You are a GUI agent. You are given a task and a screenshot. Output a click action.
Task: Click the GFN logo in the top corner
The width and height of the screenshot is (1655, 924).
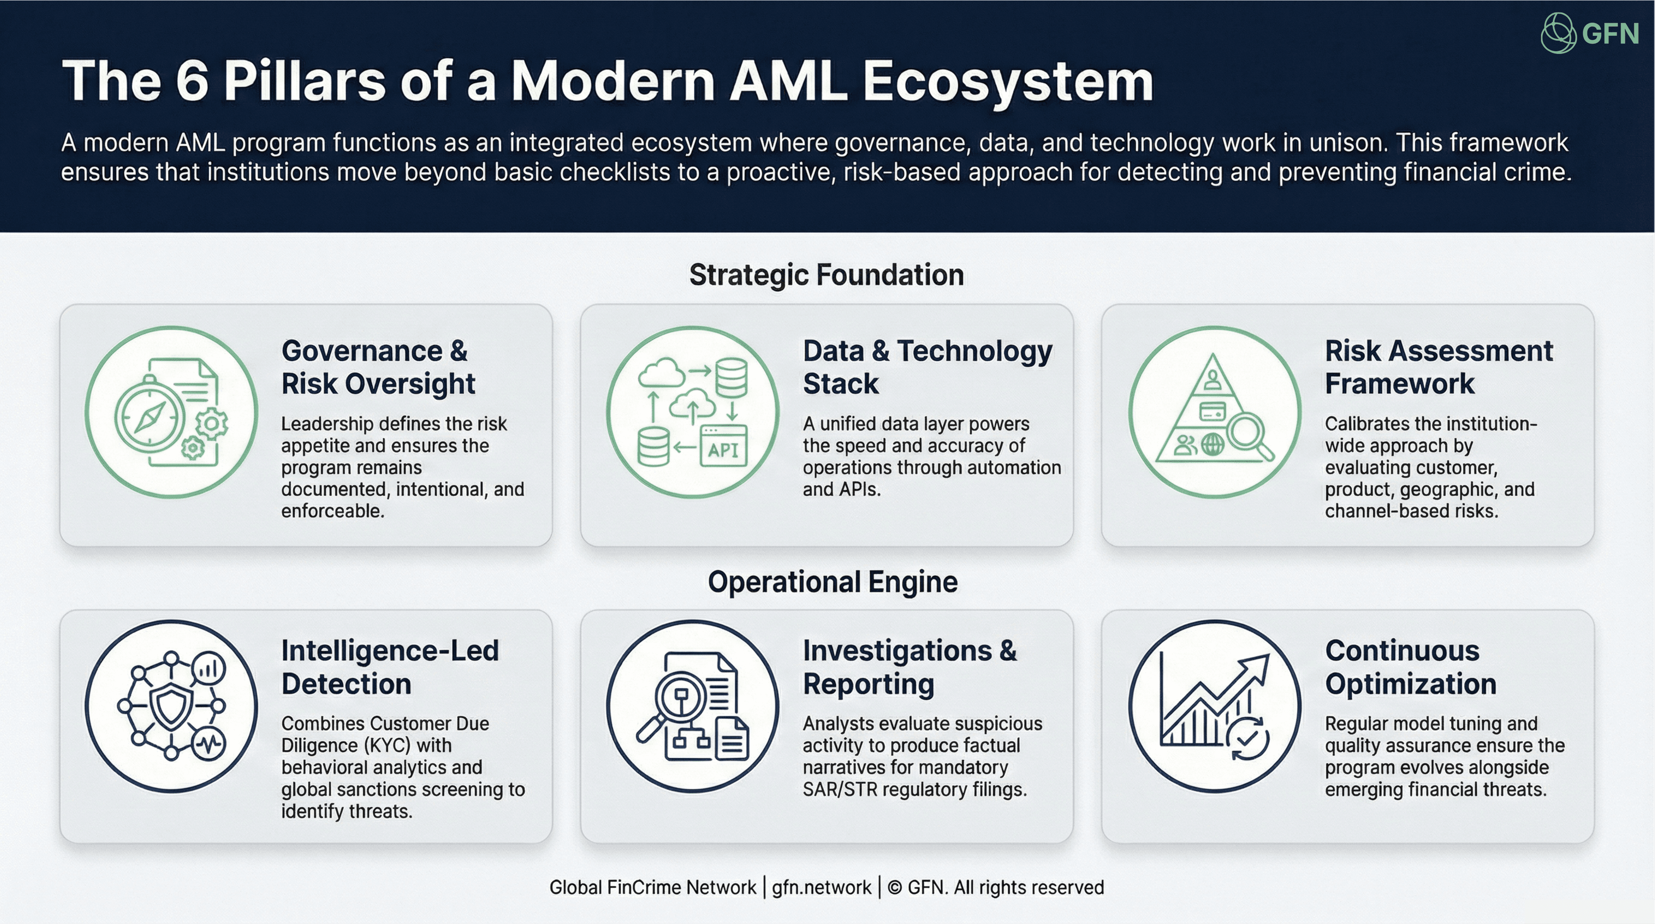pos(1589,33)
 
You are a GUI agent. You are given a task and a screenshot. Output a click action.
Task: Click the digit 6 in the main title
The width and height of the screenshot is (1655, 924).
pos(191,81)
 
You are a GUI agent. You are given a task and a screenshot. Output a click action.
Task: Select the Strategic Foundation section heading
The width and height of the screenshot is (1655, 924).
pos(826,275)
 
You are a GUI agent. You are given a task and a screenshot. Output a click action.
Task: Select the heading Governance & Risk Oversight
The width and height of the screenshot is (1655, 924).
pos(378,367)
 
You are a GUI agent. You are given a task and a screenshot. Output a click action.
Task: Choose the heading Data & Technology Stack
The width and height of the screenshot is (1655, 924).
pos(927,367)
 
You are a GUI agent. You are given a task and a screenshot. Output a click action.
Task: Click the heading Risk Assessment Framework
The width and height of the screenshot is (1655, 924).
pos(1439,367)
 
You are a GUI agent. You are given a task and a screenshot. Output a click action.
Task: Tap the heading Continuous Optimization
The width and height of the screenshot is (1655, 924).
pos(1410,667)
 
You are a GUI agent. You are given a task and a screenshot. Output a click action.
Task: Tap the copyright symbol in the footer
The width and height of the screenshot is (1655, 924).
pos(894,887)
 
